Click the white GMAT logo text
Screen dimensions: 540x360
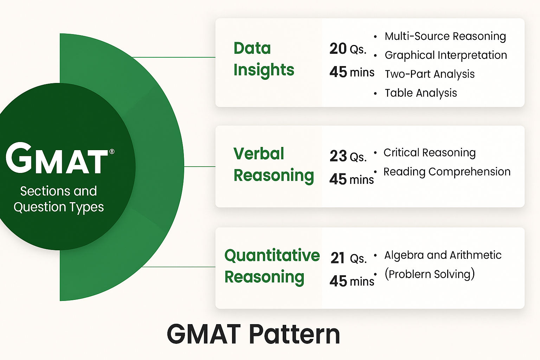[57, 158]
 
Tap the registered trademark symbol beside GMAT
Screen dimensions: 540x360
[112, 152]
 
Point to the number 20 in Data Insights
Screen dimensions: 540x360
[338, 49]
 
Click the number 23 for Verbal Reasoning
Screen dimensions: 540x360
[338, 156]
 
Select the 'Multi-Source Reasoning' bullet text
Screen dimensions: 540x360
[445, 37]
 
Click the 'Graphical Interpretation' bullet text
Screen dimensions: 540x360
[446, 56]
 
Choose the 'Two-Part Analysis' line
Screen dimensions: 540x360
[430, 74]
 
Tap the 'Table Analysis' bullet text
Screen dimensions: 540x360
[421, 93]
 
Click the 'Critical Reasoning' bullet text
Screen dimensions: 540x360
[430, 153]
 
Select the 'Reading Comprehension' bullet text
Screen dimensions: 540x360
[447, 172]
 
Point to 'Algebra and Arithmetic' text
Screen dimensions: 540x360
[443, 255]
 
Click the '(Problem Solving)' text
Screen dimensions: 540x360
[430, 274]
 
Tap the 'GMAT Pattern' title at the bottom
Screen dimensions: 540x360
[253, 335]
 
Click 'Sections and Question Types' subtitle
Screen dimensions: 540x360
[59, 200]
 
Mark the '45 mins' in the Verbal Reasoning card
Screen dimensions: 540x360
[352, 179]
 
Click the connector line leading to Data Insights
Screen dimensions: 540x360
[174, 57]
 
